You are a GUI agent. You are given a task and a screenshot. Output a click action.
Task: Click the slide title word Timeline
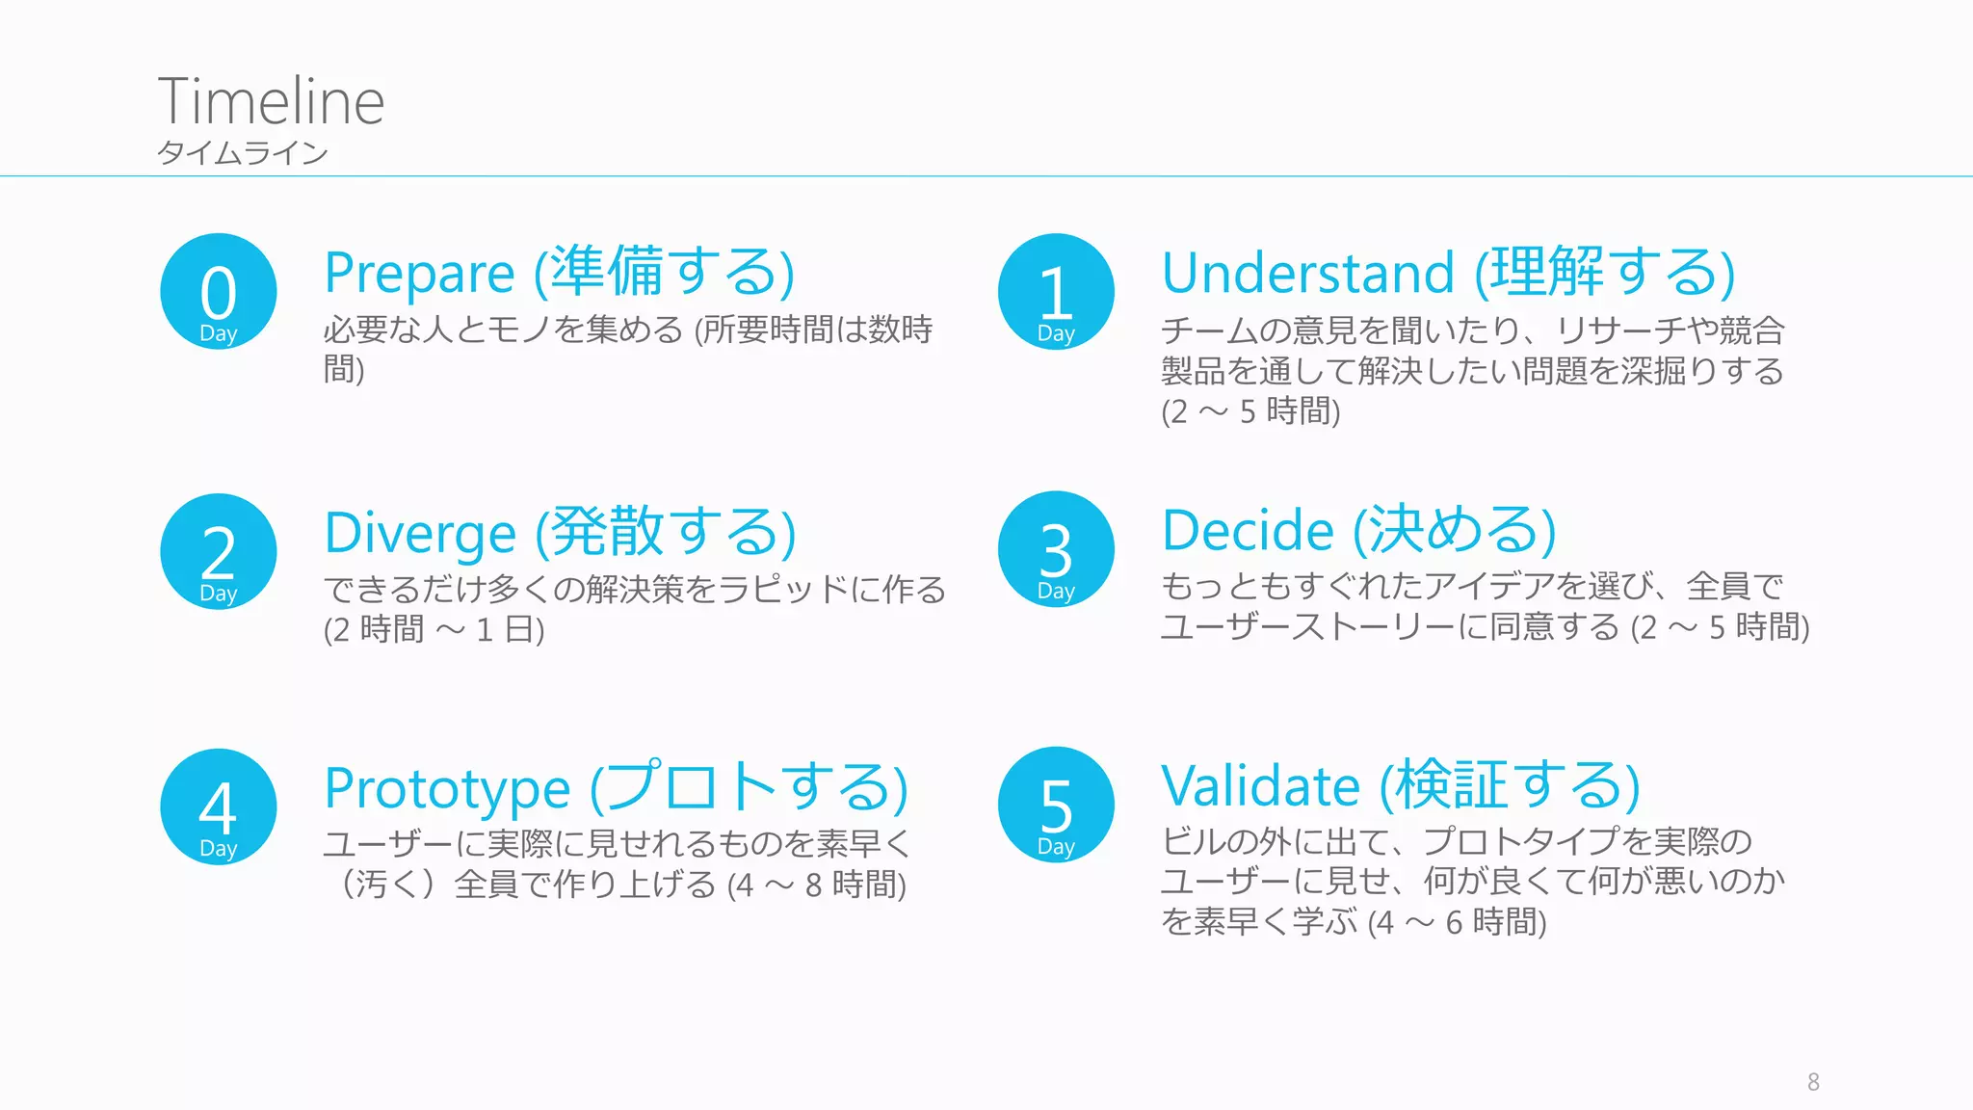271,101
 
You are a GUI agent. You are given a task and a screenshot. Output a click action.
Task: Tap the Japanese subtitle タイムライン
243,153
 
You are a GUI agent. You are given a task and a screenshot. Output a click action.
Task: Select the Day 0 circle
219,292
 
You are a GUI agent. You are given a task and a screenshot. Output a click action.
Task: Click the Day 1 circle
1056,292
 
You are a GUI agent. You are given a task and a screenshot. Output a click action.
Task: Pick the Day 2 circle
219,552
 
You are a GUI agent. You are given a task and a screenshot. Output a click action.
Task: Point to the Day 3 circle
1056,549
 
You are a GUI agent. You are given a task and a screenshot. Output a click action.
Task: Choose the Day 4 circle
219,807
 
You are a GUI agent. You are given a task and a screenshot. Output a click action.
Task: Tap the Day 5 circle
1056,806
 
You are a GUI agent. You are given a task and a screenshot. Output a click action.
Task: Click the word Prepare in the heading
419,275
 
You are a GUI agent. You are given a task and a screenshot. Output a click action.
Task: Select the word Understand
1307,274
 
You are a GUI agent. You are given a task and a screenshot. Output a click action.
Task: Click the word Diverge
420,534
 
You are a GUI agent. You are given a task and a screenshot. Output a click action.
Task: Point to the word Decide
1248,531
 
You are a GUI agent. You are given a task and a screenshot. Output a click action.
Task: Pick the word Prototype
447,789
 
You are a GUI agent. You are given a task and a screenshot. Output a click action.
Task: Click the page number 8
1813,1082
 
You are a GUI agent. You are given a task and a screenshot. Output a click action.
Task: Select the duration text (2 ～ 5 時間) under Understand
1250,412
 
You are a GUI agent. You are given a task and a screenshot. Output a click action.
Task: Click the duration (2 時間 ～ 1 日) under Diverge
434,630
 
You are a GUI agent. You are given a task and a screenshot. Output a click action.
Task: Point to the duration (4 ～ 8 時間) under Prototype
817,885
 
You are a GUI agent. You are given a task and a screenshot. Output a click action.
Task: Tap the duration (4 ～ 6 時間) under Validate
1458,923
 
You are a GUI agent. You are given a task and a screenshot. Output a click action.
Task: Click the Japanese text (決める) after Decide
1455,531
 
